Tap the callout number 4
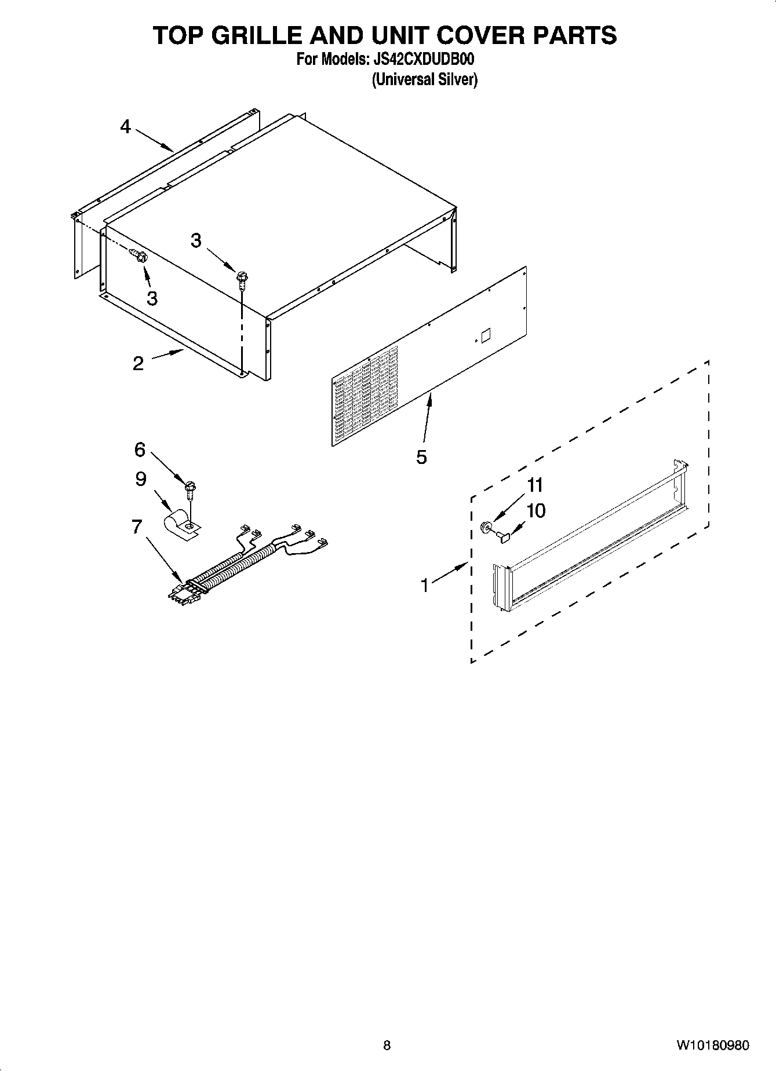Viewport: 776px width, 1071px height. coord(126,126)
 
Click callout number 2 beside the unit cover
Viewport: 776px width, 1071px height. coord(138,363)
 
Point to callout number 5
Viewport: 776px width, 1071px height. coord(421,457)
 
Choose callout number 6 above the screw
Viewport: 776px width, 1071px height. coord(140,449)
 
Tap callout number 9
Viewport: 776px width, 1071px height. coord(141,479)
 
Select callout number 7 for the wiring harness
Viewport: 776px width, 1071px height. coord(137,527)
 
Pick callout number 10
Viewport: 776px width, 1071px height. coord(536,511)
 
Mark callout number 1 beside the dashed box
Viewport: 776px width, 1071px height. coord(425,586)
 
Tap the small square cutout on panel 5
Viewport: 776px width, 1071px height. coord(486,335)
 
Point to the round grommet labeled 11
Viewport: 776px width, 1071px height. coord(486,527)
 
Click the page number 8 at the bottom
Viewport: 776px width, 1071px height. coord(387,1045)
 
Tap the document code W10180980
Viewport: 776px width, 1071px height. coord(712,1045)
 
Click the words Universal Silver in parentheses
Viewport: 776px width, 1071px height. coord(424,79)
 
